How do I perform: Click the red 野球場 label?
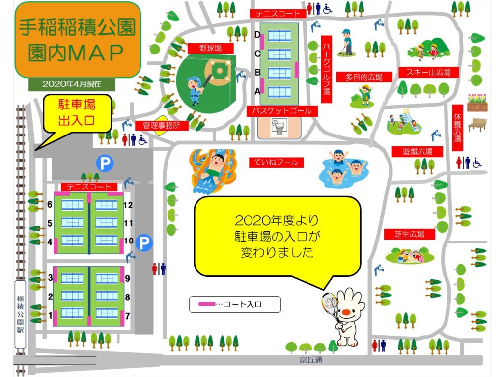click(x=210, y=48)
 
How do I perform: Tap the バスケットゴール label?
click(x=282, y=111)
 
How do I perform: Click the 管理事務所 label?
click(x=162, y=126)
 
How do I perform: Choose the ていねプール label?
click(x=276, y=162)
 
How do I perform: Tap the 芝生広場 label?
click(x=410, y=234)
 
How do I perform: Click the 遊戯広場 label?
click(x=417, y=151)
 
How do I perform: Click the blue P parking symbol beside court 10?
click(x=144, y=242)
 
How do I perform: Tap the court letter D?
click(x=257, y=34)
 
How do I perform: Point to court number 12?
click(x=129, y=205)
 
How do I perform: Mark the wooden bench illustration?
click(x=477, y=124)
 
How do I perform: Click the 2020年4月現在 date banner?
click(x=72, y=83)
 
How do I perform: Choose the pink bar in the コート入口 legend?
click(x=206, y=305)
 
